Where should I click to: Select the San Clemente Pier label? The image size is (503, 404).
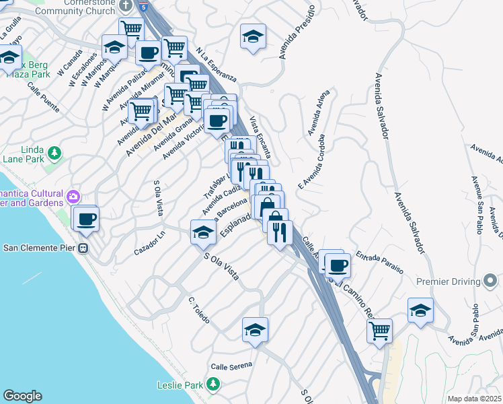click(x=40, y=247)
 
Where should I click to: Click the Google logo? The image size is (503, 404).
click(x=22, y=396)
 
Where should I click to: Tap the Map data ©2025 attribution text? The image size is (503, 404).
click(x=474, y=399)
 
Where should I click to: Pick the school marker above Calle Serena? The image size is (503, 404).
click(x=256, y=329)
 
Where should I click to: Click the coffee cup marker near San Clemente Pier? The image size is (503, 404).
click(x=86, y=218)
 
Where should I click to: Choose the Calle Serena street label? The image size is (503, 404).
click(x=231, y=366)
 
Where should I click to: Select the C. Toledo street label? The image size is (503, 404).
click(x=200, y=308)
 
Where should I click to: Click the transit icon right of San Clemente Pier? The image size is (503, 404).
click(x=83, y=248)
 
